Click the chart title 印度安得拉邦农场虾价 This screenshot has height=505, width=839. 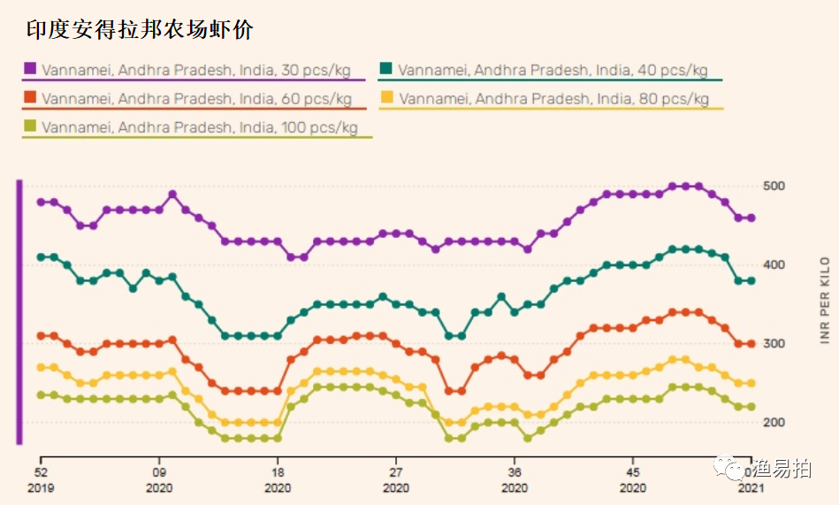coord(140,29)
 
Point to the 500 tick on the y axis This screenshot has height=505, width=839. coord(774,186)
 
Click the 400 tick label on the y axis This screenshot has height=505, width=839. coord(774,264)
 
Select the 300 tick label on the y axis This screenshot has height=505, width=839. coord(774,343)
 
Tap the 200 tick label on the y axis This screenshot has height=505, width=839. coord(774,422)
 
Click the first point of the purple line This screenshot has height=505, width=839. coord(41,203)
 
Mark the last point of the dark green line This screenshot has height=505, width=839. coord(751,280)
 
